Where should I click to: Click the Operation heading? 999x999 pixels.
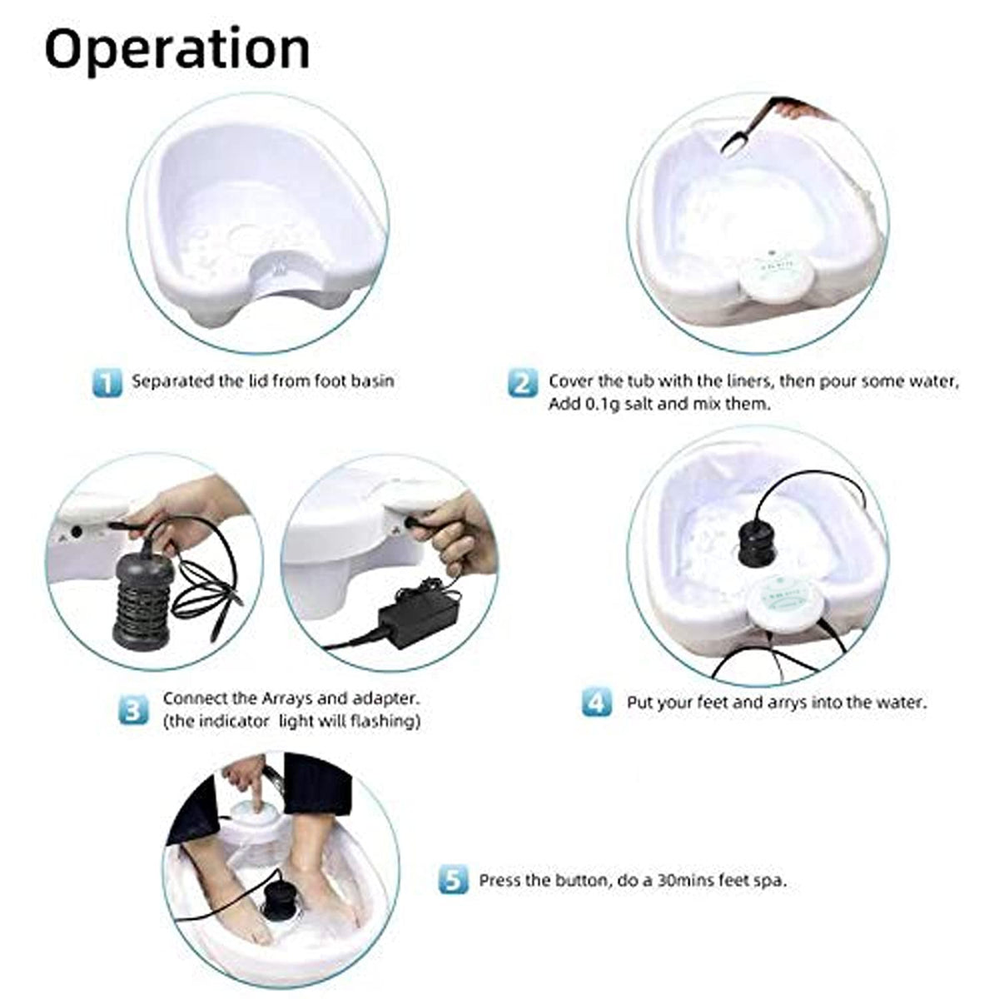pos(177,49)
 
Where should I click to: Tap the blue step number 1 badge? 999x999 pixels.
pos(107,383)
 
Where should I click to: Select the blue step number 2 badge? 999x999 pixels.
pos(522,384)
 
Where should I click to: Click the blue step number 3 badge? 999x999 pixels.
pos(134,710)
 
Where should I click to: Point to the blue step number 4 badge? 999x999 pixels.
pos(597,702)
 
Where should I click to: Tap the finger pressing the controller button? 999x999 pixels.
pos(257,806)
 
